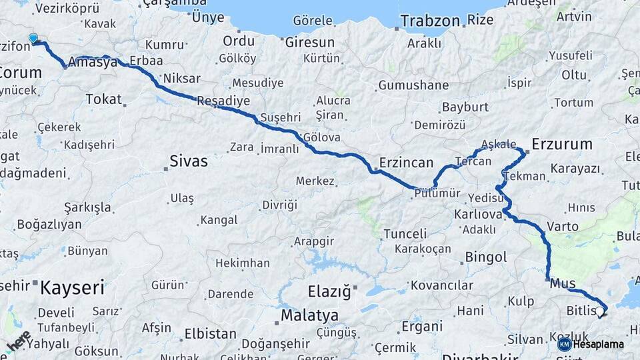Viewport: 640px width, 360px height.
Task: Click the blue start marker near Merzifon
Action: click(33, 39)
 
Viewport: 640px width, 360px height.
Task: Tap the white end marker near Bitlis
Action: click(600, 311)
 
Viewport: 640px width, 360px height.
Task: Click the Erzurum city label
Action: click(562, 144)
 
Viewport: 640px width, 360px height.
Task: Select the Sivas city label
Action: click(189, 161)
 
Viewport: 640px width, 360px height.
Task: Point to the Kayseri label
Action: click(72, 288)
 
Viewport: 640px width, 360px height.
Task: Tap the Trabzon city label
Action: click(430, 21)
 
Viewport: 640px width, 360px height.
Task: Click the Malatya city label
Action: click(309, 315)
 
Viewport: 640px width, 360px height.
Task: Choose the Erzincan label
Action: click(406, 163)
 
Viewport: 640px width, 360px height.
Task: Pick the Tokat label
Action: click(104, 99)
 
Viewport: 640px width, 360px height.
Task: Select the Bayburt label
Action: click(465, 107)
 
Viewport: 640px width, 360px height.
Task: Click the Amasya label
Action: click(93, 63)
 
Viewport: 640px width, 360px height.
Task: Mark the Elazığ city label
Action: click(329, 291)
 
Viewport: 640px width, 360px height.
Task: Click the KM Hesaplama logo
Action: click(591, 344)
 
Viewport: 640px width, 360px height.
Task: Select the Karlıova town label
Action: click(477, 215)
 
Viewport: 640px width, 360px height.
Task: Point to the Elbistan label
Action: click(210, 333)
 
